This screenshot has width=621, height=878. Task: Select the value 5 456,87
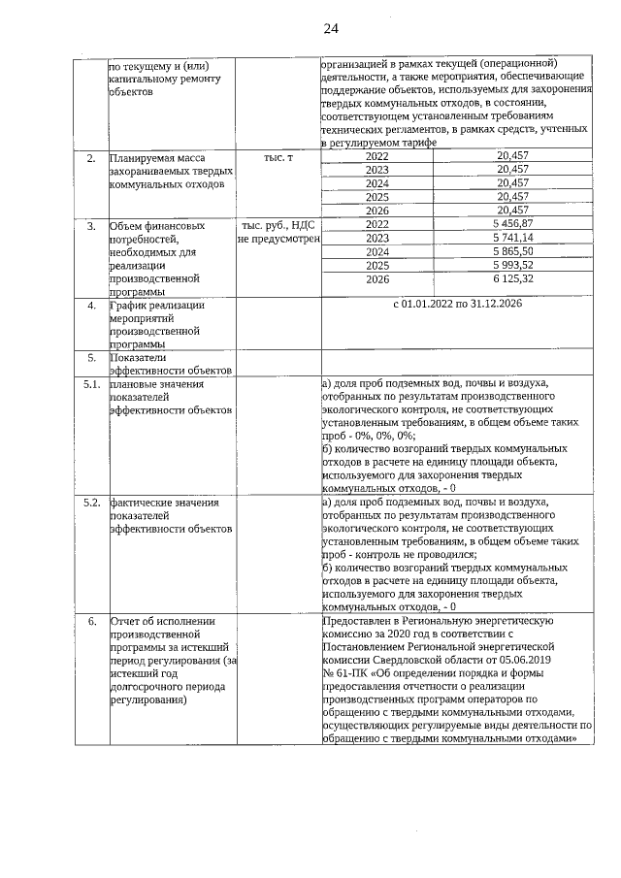(x=512, y=224)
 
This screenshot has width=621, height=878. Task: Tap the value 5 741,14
(x=512, y=238)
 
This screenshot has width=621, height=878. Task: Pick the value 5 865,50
(x=512, y=251)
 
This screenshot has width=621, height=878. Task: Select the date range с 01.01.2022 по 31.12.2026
(x=457, y=305)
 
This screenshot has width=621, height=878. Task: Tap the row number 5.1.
(x=91, y=385)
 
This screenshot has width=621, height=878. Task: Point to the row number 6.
(x=91, y=620)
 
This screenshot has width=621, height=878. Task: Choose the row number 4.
(x=91, y=306)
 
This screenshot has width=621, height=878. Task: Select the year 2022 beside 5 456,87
(x=376, y=224)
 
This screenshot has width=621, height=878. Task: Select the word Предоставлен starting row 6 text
(x=358, y=620)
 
